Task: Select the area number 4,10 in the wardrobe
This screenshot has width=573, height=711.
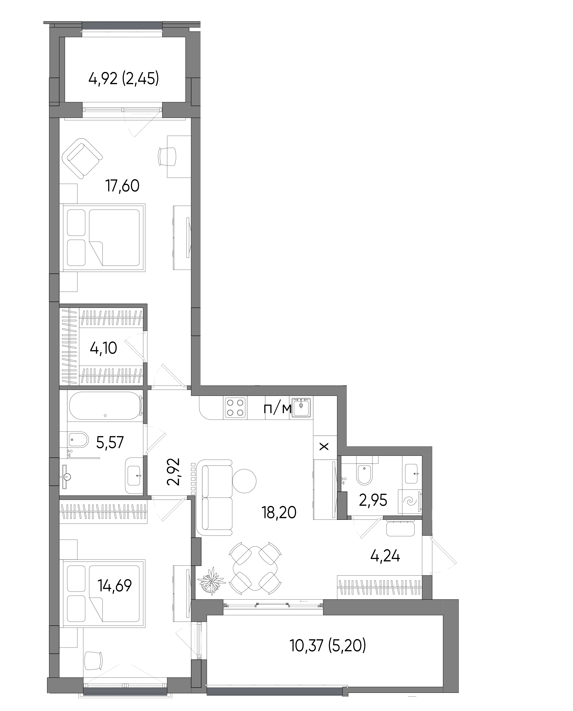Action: (103, 348)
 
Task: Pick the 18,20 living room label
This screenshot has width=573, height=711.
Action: (279, 513)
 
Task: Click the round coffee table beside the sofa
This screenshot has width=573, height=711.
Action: (244, 481)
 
